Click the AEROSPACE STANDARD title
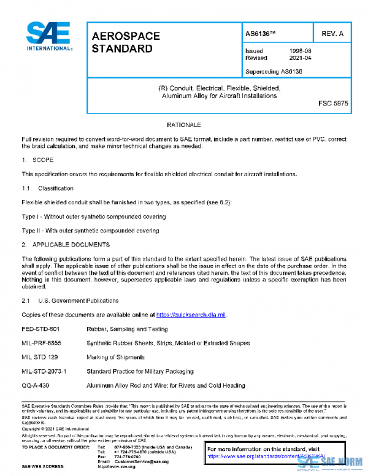pyautogui.click(x=126, y=42)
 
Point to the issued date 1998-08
pyautogui.click(x=301, y=51)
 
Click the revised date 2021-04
pyautogui.click(x=301, y=58)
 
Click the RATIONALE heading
pyautogui.click(x=185, y=125)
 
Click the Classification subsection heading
pyautogui.click(x=56, y=188)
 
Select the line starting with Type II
pyautogui.click(x=90, y=231)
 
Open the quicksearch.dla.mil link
pyautogui.click(x=191, y=315)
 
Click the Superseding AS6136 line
pyautogui.click(x=274, y=71)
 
